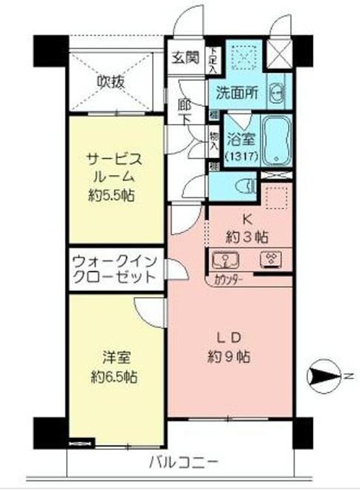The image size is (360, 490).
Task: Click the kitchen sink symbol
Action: click(224, 260)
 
